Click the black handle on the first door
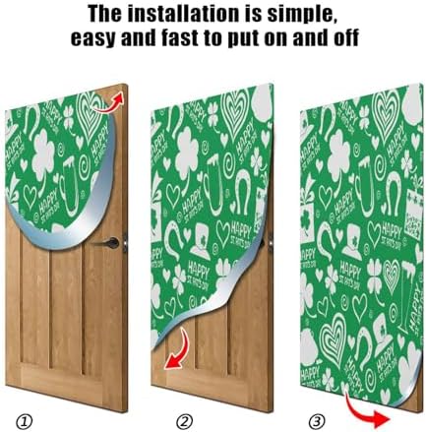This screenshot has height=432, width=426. pos(114,242)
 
